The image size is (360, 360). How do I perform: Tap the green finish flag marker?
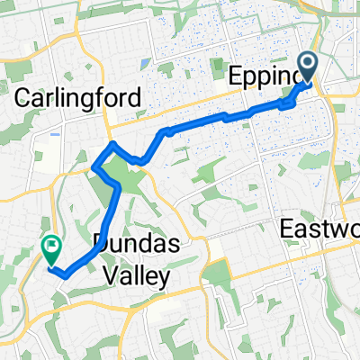[51, 247]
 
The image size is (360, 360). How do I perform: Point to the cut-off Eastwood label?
[320, 224]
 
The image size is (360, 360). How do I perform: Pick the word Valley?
[131, 278]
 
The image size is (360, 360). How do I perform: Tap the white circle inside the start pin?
[308, 62]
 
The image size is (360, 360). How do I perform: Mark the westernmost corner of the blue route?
[94, 165]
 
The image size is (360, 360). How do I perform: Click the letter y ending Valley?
[162, 281]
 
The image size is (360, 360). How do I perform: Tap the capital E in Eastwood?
[288, 224]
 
